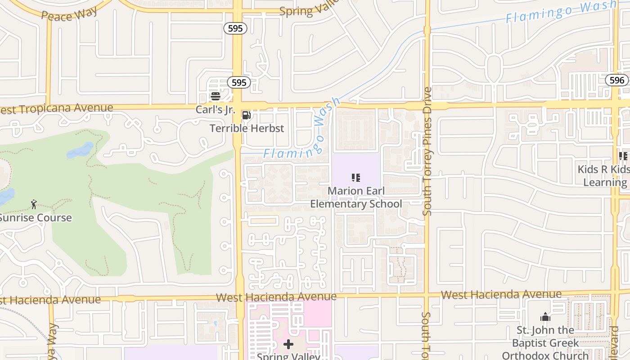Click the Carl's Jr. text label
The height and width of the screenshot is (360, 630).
point(213,109)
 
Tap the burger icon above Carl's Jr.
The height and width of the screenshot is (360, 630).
point(215,96)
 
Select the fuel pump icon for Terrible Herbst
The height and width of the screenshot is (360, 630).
point(246,116)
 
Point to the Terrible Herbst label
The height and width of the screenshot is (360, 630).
point(247,128)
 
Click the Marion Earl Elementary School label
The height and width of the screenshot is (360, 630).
point(356,198)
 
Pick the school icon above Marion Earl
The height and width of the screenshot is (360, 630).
point(356,178)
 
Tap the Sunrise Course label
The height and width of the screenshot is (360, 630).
point(35,218)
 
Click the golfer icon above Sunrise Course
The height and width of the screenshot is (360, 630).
point(34,205)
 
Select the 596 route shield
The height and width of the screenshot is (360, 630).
point(616,80)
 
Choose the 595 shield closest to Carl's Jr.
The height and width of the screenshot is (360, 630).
point(238,82)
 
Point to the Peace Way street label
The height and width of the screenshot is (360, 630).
point(69,14)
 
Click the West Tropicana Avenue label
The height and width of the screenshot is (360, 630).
point(57,108)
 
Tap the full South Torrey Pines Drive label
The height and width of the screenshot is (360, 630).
point(427,151)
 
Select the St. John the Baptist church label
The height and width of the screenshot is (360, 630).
point(545,343)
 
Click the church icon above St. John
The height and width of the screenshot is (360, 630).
point(545,317)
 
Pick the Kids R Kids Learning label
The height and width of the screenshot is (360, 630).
point(604,175)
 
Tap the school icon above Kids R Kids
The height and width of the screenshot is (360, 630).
point(623,156)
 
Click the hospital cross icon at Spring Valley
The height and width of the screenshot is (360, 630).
point(288,345)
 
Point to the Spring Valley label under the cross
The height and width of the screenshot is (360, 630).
point(288,356)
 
